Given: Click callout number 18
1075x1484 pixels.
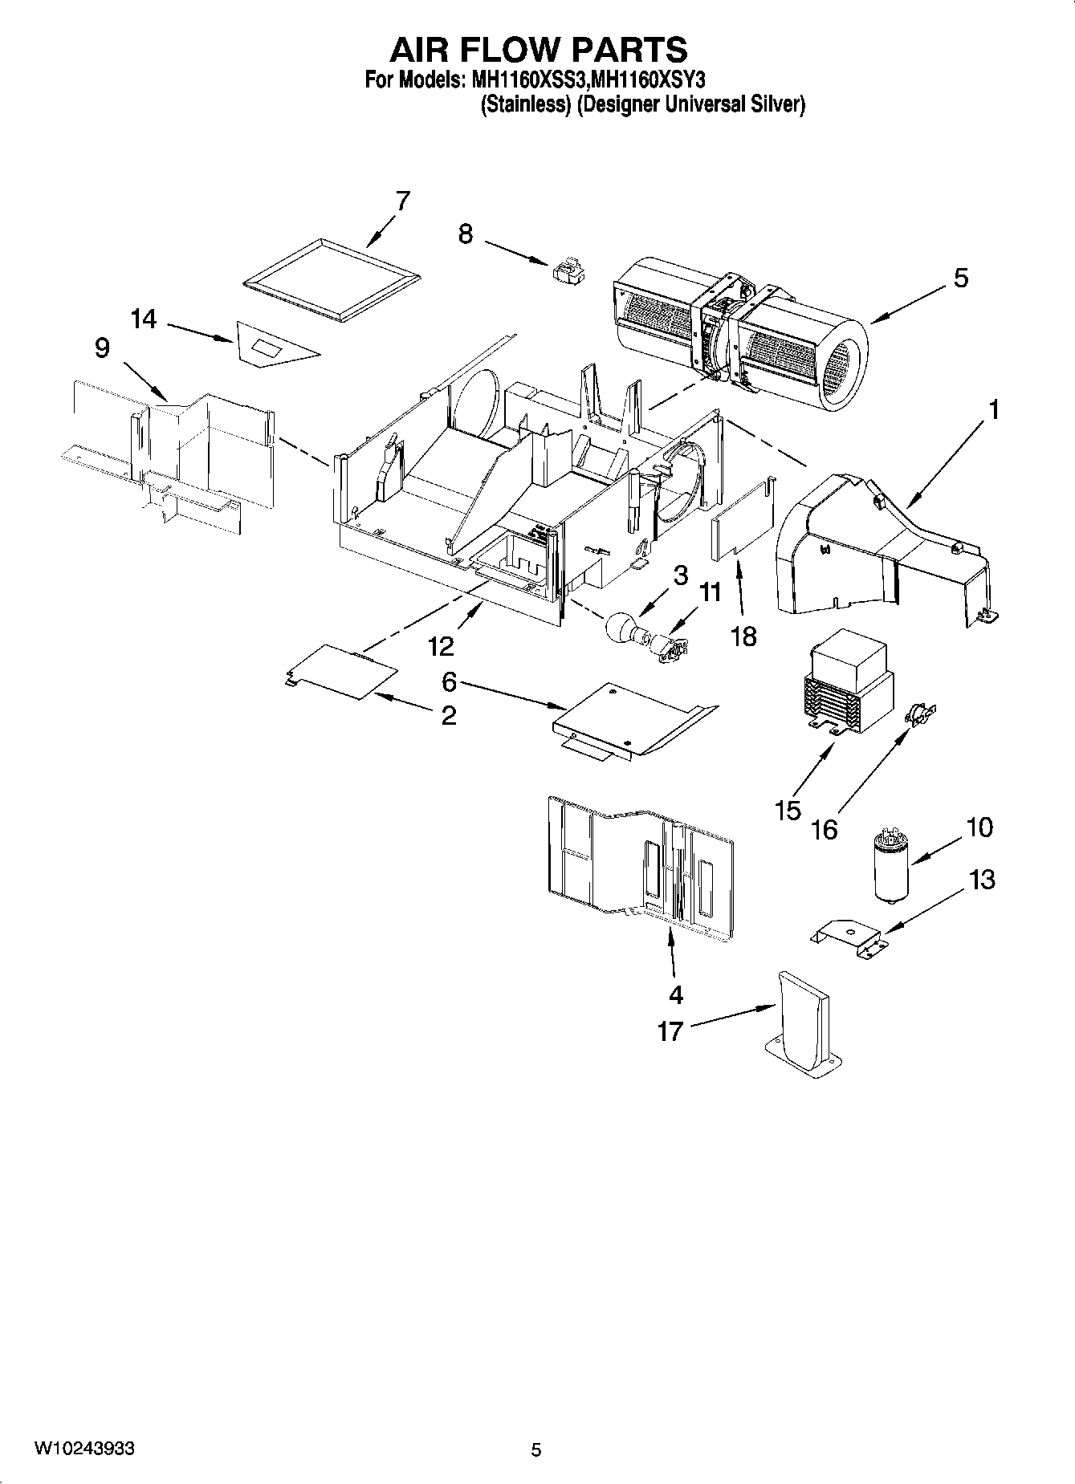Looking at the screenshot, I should tap(744, 636).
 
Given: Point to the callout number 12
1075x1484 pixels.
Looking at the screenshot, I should tap(441, 645).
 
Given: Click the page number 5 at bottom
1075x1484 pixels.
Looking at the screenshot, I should tap(536, 1449).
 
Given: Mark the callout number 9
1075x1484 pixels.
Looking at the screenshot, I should tap(102, 348).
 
